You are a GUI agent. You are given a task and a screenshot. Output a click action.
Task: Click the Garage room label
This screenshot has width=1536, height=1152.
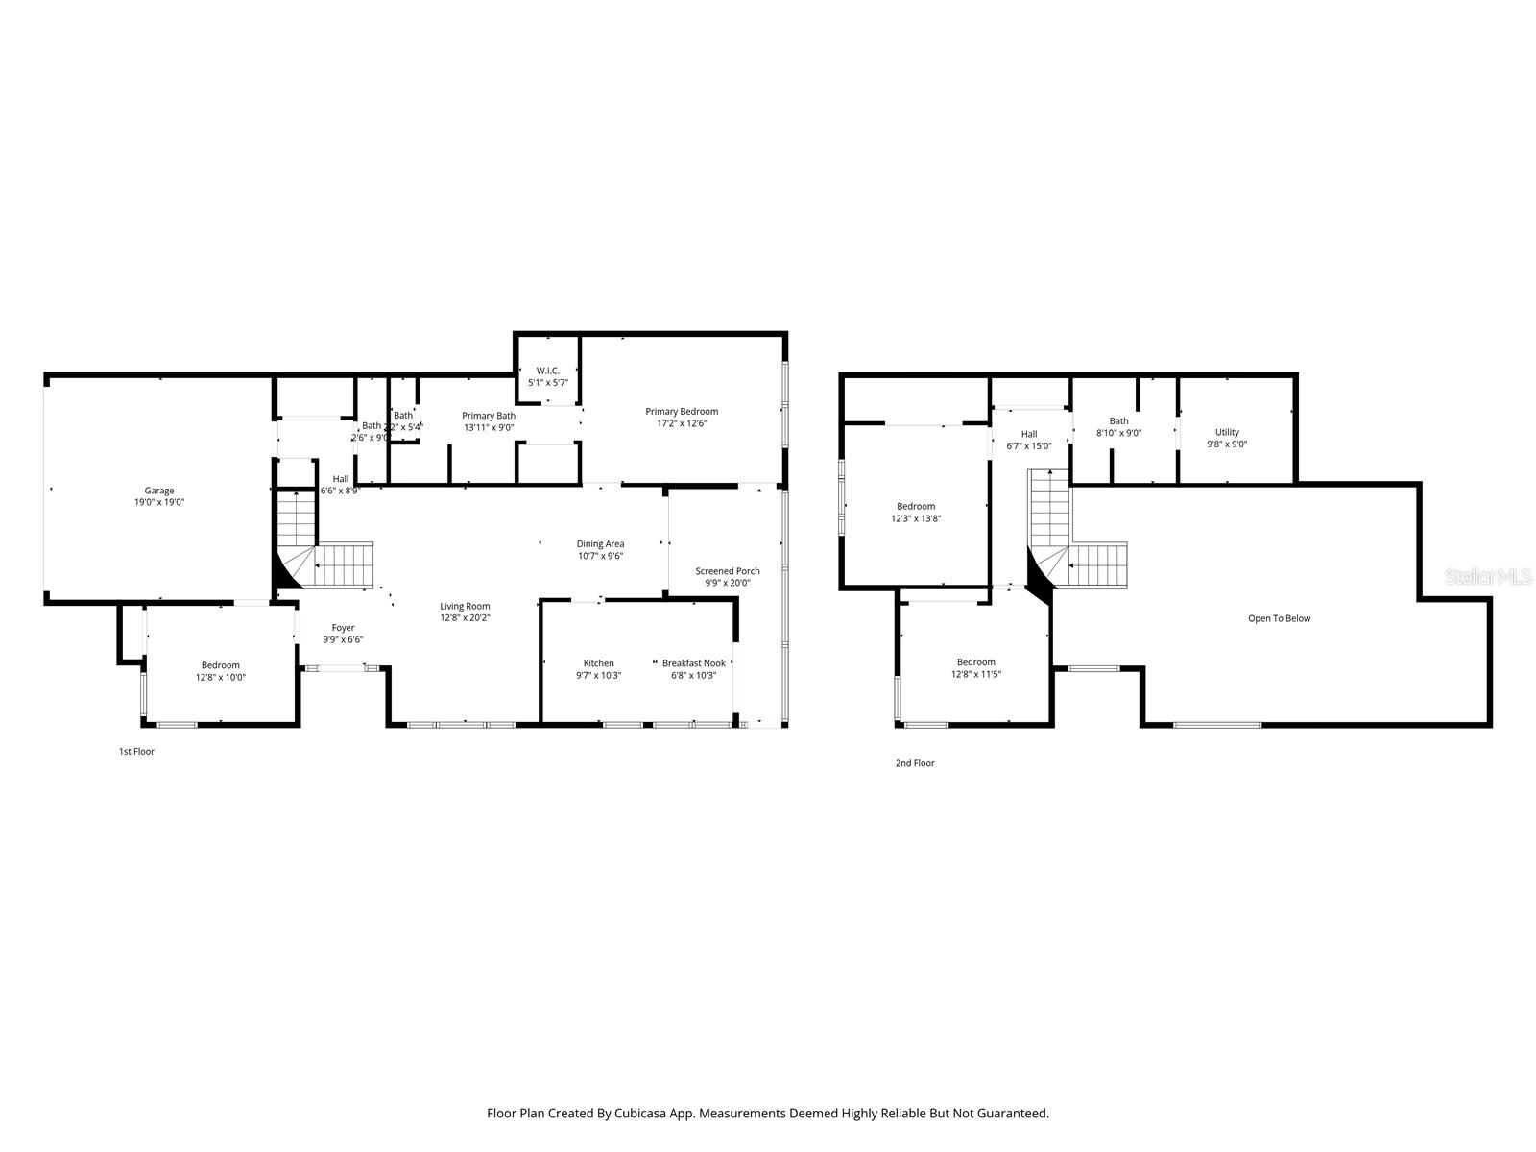(x=159, y=491)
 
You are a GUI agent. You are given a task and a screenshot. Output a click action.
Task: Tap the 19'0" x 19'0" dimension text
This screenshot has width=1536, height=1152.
(x=159, y=502)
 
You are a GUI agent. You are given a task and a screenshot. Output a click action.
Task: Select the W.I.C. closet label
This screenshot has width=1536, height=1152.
(x=548, y=371)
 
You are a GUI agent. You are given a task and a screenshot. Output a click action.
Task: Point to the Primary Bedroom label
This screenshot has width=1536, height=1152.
(x=682, y=412)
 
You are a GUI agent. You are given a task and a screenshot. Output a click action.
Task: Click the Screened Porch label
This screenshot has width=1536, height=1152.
(x=728, y=571)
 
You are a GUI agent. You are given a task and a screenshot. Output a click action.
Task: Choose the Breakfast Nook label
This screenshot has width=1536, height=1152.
(x=694, y=663)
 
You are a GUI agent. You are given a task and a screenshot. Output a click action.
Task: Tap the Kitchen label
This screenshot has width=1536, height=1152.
(x=599, y=663)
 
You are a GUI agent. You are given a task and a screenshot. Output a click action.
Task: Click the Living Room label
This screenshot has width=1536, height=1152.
(x=466, y=607)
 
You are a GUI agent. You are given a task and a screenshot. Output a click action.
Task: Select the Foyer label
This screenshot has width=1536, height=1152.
(x=343, y=628)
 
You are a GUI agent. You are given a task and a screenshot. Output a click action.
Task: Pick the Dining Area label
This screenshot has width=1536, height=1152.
(x=601, y=544)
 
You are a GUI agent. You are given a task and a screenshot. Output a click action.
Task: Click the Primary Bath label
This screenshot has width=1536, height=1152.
(x=489, y=416)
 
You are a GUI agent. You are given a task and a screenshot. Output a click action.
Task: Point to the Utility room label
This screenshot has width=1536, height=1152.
(x=1227, y=432)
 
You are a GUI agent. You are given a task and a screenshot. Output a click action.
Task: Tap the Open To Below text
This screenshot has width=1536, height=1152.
(x=1279, y=618)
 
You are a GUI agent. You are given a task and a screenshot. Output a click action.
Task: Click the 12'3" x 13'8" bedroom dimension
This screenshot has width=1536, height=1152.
(x=916, y=518)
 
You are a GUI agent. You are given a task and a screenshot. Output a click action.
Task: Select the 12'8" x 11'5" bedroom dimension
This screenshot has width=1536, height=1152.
(x=976, y=674)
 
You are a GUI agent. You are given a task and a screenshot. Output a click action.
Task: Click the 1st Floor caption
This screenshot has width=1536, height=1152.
(x=136, y=752)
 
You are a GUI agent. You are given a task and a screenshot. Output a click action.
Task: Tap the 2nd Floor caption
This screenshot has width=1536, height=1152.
(x=915, y=763)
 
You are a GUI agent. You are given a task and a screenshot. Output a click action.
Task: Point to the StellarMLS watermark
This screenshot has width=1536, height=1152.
(x=1487, y=576)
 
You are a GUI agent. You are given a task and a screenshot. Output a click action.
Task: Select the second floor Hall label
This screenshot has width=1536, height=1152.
(x=1029, y=434)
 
